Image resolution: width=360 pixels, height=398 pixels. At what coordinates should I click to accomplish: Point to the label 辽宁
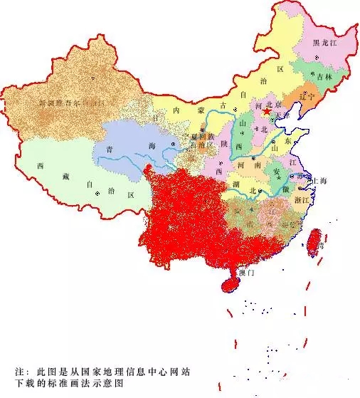pyautogui.click(x=307, y=95)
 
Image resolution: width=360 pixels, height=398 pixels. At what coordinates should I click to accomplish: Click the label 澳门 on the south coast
pyautogui.click(x=246, y=273)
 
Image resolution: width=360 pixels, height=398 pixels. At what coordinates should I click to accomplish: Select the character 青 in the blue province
pyautogui.click(x=110, y=150)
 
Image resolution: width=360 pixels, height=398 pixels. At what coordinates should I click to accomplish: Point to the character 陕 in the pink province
pyautogui.click(x=224, y=145)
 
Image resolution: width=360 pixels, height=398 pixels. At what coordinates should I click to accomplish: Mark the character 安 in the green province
pyautogui.click(x=276, y=172)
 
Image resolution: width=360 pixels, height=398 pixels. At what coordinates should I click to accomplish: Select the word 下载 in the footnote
pyautogui.click(x=26, y=385)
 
